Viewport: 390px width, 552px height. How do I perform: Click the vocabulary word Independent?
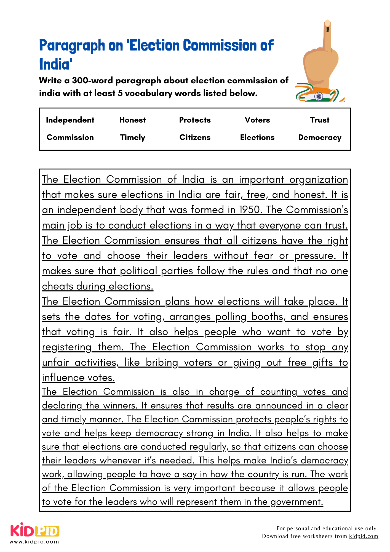click(x=70, y=120)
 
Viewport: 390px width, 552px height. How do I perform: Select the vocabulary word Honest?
click(x=132, y=120)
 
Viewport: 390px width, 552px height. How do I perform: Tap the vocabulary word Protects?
click(x=195, y=120)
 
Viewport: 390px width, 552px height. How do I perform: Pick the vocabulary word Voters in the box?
click(x=257, y=120)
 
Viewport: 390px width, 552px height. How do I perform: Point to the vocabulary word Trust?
click(x=320, y=120)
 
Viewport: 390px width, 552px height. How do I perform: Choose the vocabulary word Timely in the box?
click(x=132, y=137)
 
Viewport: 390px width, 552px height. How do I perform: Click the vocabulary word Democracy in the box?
click(x=320, y=137)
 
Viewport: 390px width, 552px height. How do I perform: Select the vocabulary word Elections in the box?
click(x=257, y=137)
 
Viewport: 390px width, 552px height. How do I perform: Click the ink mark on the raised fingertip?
click(x=327, y=29)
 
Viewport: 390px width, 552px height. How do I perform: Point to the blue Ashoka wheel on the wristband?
click(x=319, y=96)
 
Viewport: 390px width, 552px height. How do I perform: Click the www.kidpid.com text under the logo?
click(x=34, y=542)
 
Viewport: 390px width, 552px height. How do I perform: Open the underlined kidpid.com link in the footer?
click(x=364, y=536)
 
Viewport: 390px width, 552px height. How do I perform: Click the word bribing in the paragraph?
click(x=162, y=362)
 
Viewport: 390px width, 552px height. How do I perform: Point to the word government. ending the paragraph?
click(x=296, y=502)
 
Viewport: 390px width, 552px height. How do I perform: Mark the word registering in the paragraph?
click(x=66, y=347)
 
